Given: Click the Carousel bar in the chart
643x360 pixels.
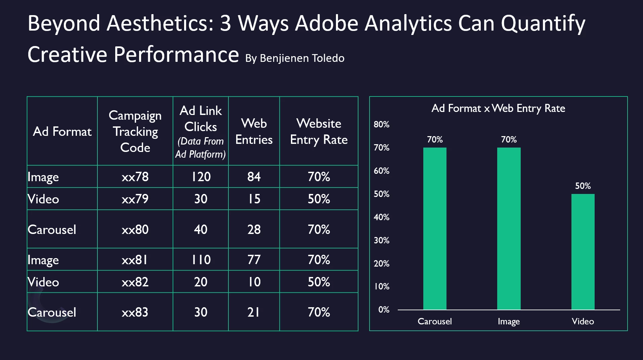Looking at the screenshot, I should tap(435, 229).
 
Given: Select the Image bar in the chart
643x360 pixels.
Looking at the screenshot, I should tap(509, 229).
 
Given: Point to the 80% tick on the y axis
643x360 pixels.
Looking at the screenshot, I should tap(382, 124).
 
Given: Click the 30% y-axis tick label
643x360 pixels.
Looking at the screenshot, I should tap(382, 240).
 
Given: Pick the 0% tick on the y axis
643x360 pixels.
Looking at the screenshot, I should tap(384, 310).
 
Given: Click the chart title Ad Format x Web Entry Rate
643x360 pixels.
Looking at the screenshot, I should tap(498, 108).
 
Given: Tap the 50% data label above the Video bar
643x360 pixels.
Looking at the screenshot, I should tap(583, 186).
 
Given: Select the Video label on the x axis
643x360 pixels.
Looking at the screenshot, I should tap(583, 321).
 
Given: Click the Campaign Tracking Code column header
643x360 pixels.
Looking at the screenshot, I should tap(135, 131).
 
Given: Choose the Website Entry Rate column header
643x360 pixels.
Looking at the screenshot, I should tap(319, 131).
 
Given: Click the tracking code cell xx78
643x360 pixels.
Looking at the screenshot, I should tap(135, 177).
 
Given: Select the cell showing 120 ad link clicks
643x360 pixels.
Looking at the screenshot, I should tap(201, 177).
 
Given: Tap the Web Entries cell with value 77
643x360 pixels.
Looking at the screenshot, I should tap(254, 260).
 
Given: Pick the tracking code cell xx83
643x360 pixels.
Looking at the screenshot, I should tap(135, 312).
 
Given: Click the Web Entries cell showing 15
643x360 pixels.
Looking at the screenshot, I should tap(254, 199).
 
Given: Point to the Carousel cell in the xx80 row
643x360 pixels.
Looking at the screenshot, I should tap(52, 230).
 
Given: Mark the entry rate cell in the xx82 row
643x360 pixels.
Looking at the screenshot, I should tap(319, 282).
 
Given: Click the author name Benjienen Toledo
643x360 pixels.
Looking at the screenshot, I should tap(302, 58).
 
